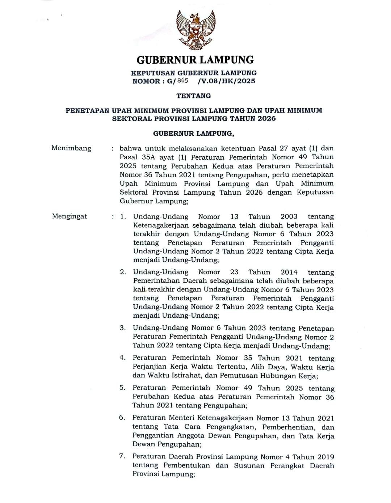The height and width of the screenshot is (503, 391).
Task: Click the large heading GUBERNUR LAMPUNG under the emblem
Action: pos(195,59)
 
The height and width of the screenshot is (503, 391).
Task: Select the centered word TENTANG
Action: pos(194,96)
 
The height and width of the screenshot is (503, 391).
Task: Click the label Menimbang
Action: pos(71,148)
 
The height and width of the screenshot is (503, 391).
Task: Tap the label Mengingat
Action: pos(70,216)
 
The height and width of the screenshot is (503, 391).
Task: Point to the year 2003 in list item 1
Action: pos(289,217)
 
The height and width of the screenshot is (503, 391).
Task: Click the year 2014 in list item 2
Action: pos(289,272)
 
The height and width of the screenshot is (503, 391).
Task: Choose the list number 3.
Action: pos(123,328)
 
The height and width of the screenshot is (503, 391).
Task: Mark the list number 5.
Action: pos(122,388)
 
